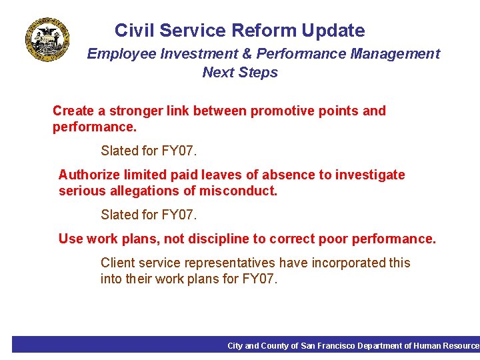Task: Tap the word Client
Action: (117, 263)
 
